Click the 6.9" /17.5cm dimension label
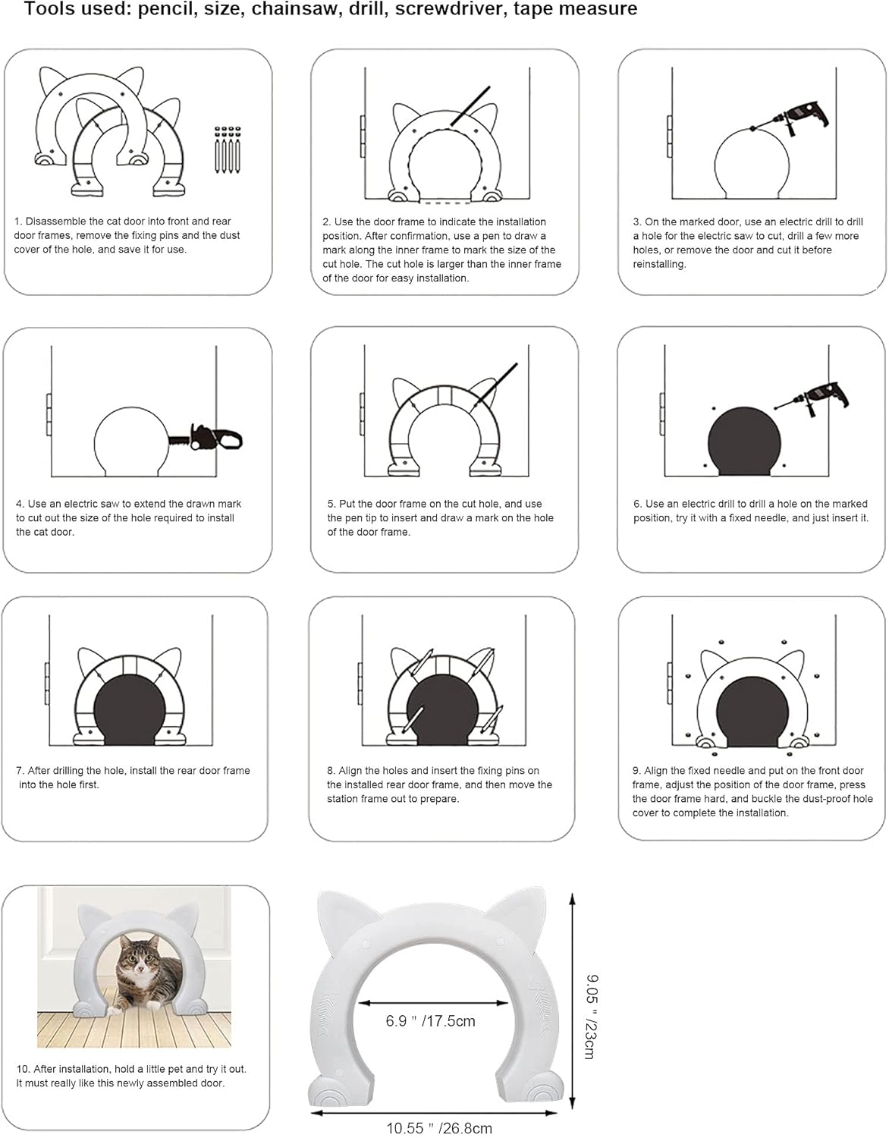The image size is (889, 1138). pyautogui.click(x=430, y=1021)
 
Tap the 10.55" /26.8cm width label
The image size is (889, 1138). pyautogui.click(x=438, y=1128)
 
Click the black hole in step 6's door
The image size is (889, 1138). pyautogui.click(x=744, y=442)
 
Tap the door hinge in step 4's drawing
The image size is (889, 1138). pyautogui.click(x=49, y=415)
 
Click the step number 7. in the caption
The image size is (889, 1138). pyautogui.click(x=20, y=771)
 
